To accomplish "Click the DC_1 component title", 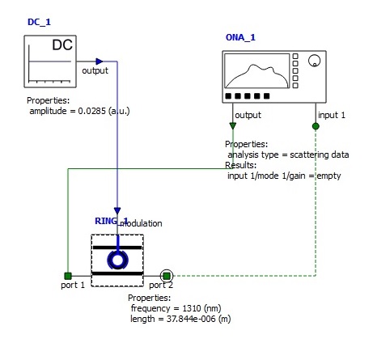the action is tap(39, 22).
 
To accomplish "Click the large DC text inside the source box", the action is tap(62, 44).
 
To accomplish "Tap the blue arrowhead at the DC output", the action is tap(100, 61).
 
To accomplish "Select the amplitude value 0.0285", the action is tap(92, 111).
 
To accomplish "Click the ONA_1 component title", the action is tap(240, 37).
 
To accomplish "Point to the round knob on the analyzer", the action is tap(314, 61).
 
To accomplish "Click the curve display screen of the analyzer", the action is tap(257, 71).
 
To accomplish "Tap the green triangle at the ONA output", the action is tap(233, 125).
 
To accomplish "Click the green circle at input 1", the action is tap(316, 126).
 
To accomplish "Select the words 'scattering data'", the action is tap(320, 155).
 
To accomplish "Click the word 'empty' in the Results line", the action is tap(328, 176).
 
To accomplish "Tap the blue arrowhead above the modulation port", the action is tap(117, 210).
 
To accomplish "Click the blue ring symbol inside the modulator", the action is tap(117, 260).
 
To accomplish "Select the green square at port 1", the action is tap(68, 276).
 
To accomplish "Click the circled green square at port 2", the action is tap(167, 276).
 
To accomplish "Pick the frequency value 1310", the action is tap(192, 308).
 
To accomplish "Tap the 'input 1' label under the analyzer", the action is tap(332, 115).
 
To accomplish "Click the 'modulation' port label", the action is tap(141, 223).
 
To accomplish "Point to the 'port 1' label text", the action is tap(73, 285).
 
